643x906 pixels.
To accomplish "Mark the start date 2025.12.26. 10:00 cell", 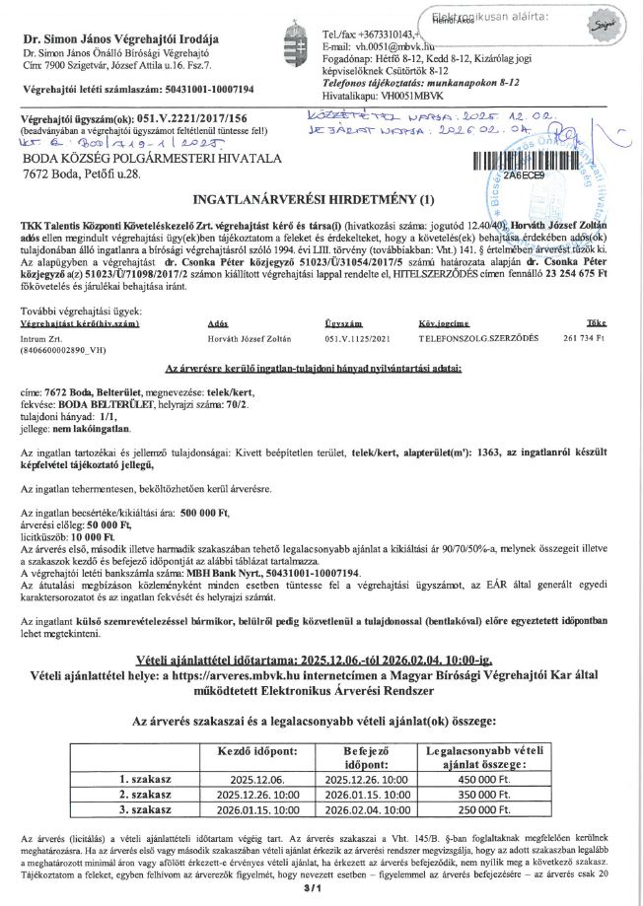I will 257,792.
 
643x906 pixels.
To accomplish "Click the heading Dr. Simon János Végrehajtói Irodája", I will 105,36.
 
